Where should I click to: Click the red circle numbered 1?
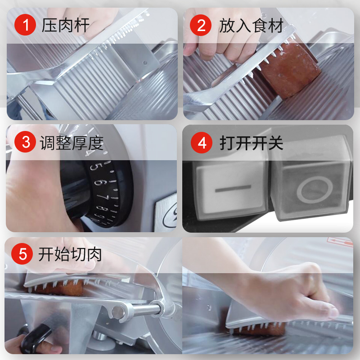25,25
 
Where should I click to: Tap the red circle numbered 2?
201,25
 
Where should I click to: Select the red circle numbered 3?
25,142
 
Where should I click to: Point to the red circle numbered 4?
202,143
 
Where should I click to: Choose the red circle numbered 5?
22,254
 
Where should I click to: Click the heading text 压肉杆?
66,25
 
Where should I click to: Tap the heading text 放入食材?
251,25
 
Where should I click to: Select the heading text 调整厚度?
72,143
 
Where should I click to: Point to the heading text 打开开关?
252,143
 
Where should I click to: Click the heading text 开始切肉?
70,254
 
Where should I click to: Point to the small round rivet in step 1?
144,63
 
